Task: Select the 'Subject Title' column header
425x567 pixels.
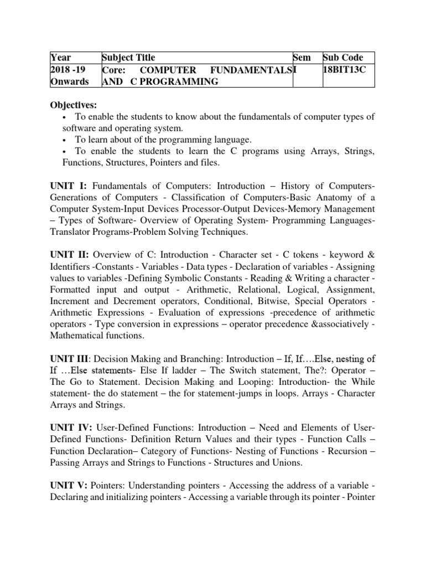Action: (128, 58)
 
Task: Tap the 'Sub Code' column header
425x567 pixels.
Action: (343, 58)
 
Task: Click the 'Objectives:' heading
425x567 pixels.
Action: (74, 105)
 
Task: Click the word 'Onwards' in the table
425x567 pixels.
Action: (69, 81)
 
